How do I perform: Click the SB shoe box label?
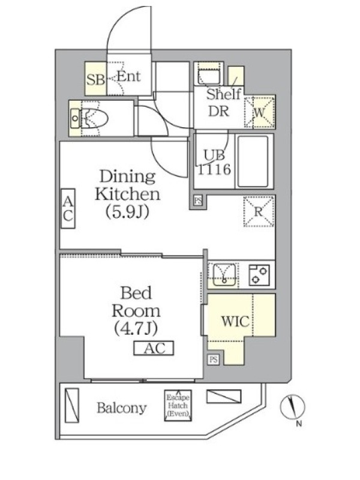(x=95, y=80)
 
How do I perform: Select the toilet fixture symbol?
(x=89, y=118)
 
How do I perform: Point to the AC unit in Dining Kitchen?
(x=68, y=208)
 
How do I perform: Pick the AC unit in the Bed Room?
(x=154, y=348)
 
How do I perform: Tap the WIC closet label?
(x=235, y=321)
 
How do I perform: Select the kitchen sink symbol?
(x=224, y=274)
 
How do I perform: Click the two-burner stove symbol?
(x=259, y=275)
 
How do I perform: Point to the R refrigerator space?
(x=259, y=211)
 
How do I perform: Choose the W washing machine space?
(x=260, y=112)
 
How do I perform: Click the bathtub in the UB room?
(x=253, y=161)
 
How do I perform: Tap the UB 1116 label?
(x=214, y=162)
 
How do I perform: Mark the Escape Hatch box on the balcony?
(x=178, y=406)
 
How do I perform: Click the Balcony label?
(x=122, y=408)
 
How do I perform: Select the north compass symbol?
(x=293, y=407)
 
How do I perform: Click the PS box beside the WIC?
(x=214, y=359)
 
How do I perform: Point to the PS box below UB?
(x=198, y=201)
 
